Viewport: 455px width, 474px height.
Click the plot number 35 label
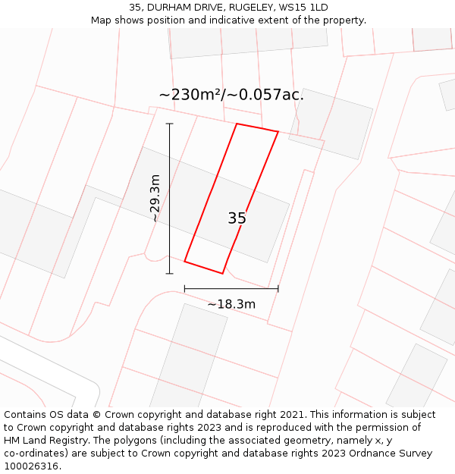coord(237,218)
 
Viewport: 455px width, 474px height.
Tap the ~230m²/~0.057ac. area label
coord(231,95)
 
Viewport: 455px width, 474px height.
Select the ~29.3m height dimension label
coord(155,198)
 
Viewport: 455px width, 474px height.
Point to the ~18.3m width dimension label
coord(231,304)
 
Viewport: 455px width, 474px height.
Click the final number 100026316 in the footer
coord(30,466)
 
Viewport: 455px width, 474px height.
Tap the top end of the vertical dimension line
coord(169,124)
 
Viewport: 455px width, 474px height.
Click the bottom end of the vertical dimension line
coord(169,273)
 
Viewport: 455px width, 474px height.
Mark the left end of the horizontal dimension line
coord(185,288)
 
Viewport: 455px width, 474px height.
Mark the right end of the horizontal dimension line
coord(278,288)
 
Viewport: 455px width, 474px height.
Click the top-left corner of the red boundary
coord(237,124)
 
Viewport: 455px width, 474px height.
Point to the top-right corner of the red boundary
coord(278,133)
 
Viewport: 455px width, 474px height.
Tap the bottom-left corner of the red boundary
coord(185,262)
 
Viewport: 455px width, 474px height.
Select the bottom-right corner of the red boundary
coord(223,273)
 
